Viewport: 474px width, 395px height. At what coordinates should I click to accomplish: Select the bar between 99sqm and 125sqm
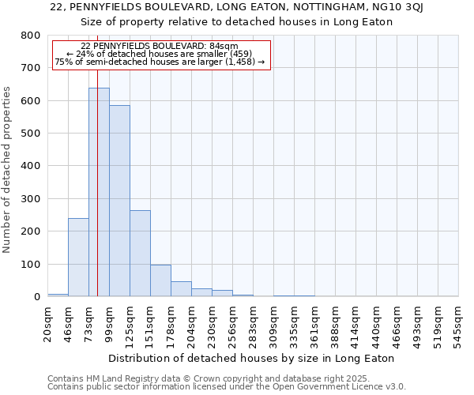[x=119, y=201]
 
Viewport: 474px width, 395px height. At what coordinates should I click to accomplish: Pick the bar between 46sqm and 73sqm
[x=78, y=257]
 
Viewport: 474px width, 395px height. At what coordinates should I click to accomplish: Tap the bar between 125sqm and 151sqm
[x=140, y=253]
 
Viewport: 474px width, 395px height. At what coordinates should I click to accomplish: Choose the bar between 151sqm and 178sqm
[x=160, y=280]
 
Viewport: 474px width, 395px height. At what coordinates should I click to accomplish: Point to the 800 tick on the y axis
[x=30, y=36]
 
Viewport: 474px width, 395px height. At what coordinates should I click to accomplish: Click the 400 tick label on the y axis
[x=30, y=166]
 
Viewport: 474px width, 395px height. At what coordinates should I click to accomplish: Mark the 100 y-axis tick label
[x=30, y=264]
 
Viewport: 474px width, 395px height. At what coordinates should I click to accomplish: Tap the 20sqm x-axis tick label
[x=47, y=321]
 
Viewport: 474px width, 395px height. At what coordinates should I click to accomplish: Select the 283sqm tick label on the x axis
[x=253, y=323]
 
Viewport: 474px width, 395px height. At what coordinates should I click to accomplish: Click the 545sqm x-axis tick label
[x=458, y=323]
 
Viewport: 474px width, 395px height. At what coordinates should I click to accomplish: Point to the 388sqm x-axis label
[x=335, y=323]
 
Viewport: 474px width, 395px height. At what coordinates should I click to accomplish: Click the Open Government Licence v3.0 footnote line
[x=227, y=387]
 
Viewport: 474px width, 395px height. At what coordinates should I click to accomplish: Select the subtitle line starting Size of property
[x=237, y=21]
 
